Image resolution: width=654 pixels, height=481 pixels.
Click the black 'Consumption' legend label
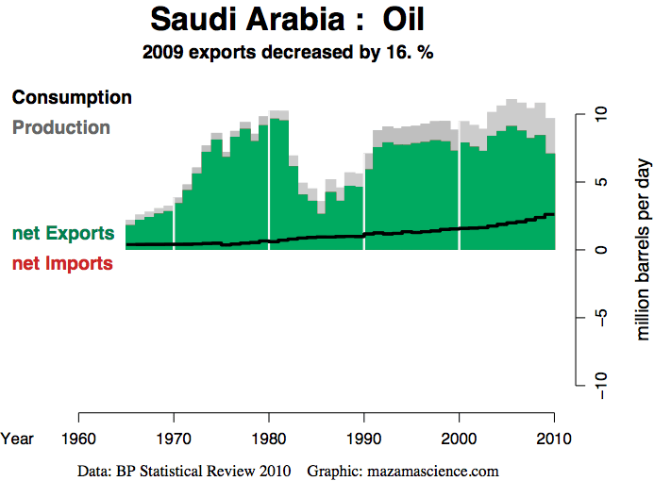72,97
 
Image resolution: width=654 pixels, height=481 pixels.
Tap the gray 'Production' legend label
61,127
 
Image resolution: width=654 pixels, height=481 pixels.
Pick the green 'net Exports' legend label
63,233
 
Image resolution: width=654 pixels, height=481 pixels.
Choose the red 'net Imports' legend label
62,264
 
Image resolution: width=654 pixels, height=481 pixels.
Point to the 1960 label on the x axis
78,438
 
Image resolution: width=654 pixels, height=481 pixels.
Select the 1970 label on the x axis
174,438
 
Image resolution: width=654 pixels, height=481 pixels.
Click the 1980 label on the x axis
269,438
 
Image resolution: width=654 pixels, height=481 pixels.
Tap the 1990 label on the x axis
364,438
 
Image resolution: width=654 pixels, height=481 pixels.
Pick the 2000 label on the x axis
460,438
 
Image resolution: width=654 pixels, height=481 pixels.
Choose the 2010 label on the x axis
554,438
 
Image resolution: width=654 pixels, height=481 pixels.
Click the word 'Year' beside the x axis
17,438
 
